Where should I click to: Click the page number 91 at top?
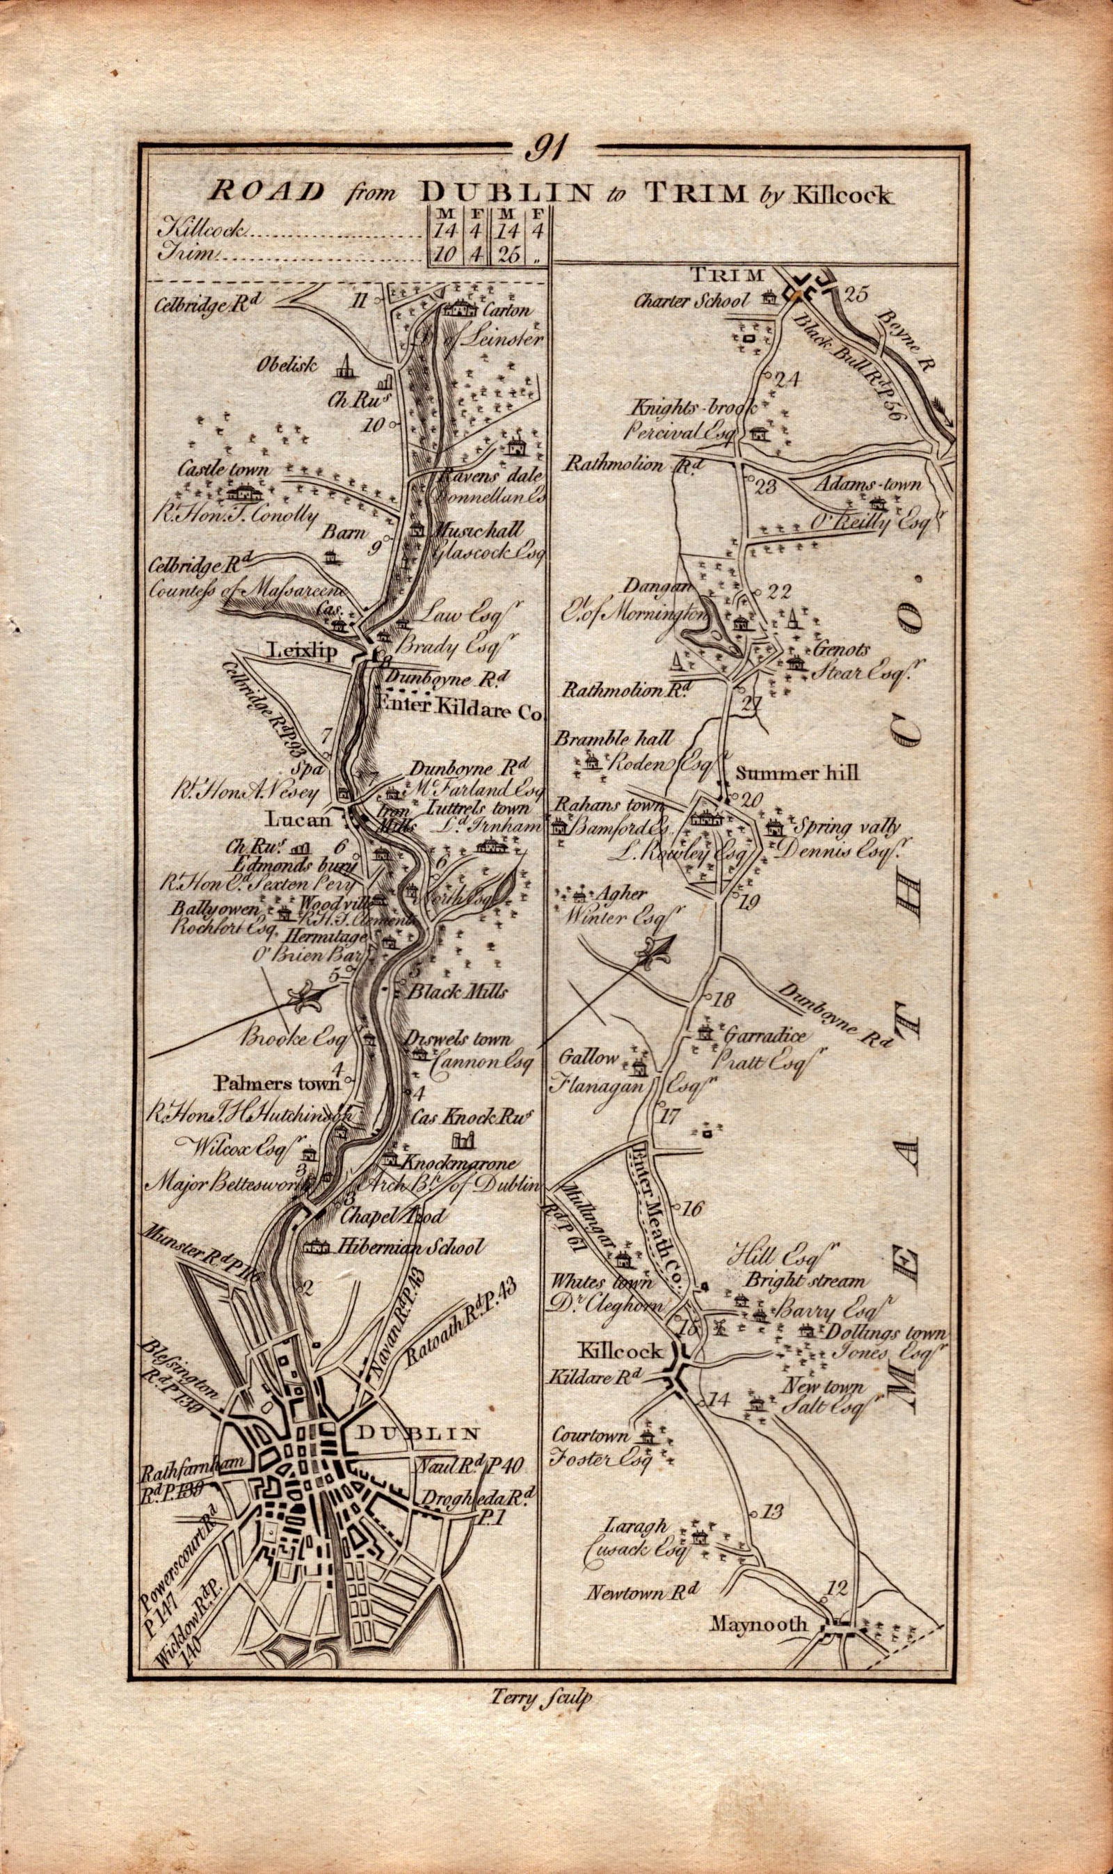click(x=550, y=146)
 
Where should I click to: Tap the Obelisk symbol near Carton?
click(x=344, y=366)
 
